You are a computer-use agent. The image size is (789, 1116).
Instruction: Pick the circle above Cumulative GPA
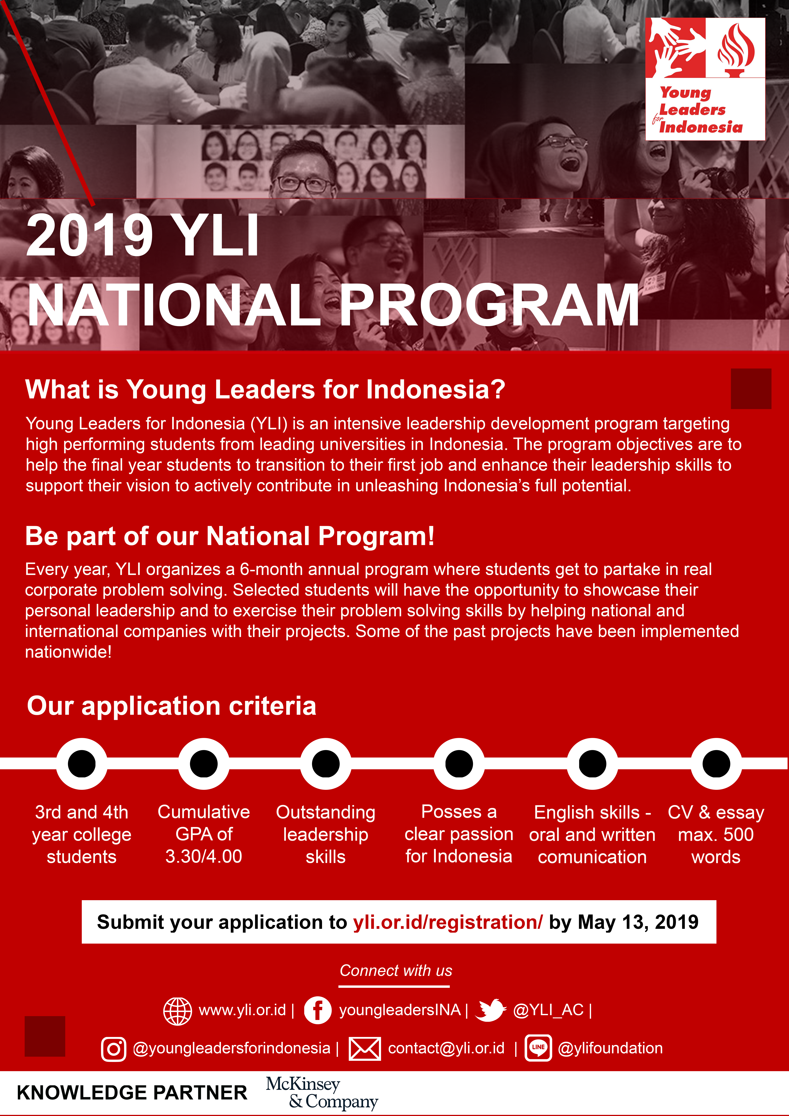pos(204,764)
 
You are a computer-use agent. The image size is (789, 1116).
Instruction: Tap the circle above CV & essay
pos(716,764)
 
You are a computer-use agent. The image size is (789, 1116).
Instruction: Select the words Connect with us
pos(396,971)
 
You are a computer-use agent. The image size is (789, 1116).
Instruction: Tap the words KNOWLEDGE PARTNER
pos(132,1093)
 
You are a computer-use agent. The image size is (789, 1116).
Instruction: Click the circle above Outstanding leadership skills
pos(326,764)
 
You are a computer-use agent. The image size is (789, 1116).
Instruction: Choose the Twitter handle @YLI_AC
pos(548,1010)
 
